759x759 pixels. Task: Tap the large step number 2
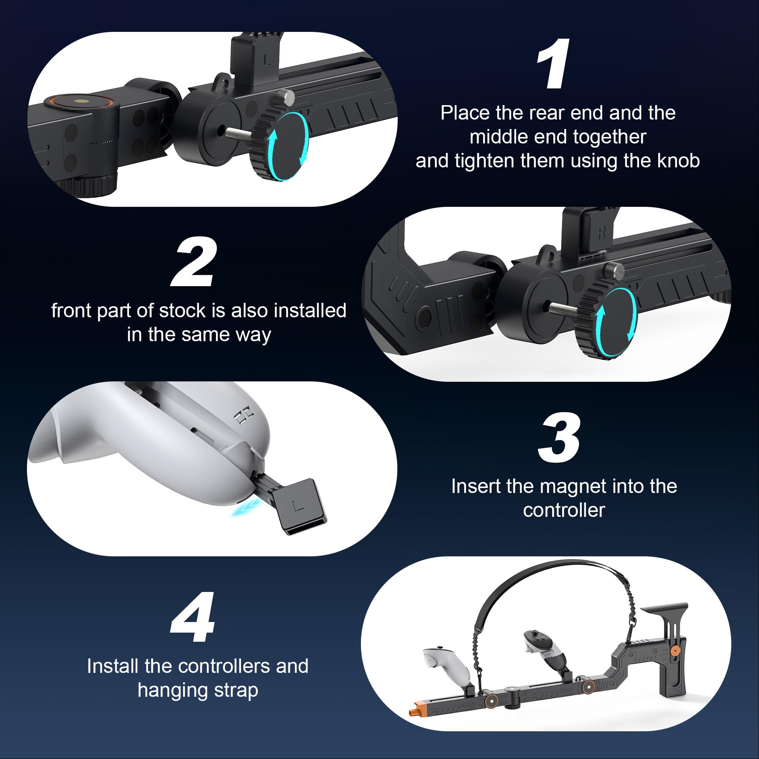tap(194, 263)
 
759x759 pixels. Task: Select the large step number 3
tap(559, 438)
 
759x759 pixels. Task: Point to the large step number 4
tap(193, 617)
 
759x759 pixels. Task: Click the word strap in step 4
tap(236, 690)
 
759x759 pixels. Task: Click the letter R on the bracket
tap(602, 233)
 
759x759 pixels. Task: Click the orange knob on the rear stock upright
tap(674, 650)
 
